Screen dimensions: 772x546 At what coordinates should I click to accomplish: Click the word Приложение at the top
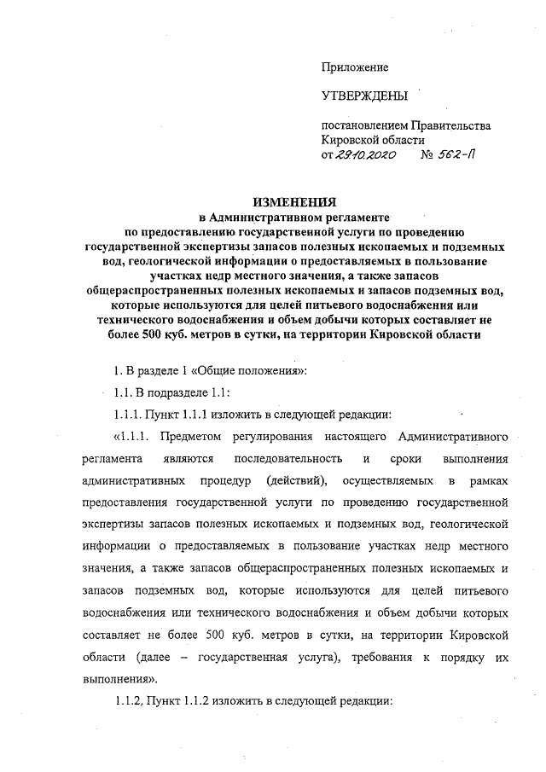tap(354, 67)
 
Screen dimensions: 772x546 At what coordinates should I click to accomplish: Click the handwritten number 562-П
tap(462, 156)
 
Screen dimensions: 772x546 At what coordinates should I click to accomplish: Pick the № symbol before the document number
tap(429, 156)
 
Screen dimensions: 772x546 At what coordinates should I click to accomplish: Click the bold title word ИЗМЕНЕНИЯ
tap(294, 202)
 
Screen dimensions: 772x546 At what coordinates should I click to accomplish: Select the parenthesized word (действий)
tap(294, 482)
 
